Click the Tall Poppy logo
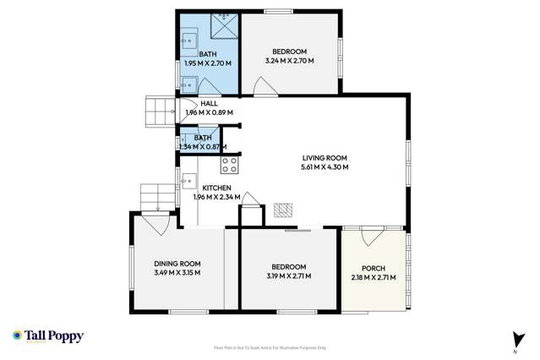pos(48,336)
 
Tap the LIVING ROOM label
pos(325,158)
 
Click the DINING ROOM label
pos(177,264)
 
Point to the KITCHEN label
pos(216,188)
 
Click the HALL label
pos(209,104)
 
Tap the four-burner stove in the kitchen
pos(229,164)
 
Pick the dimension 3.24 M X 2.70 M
pos(289,61)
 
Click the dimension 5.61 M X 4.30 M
pos(325,167)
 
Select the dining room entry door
pos(153,224)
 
